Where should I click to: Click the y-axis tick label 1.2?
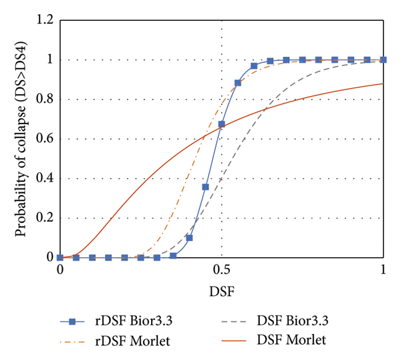point(43,21)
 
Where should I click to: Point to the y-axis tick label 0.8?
point(43,100)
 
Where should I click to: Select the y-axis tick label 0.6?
point(43,139)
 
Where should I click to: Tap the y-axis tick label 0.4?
point(43,178)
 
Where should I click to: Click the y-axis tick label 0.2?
point(43,218)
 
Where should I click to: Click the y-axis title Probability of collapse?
point(21,139)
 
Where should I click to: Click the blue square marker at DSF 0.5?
point(222,124)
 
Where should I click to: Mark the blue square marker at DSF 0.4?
point(190,238)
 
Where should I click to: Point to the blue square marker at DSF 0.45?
point(206,187)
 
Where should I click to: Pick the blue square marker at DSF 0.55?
point(238,83)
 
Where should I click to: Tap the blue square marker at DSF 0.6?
point(254,66)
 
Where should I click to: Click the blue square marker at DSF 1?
point(384,60)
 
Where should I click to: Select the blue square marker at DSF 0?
point(60,257)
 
